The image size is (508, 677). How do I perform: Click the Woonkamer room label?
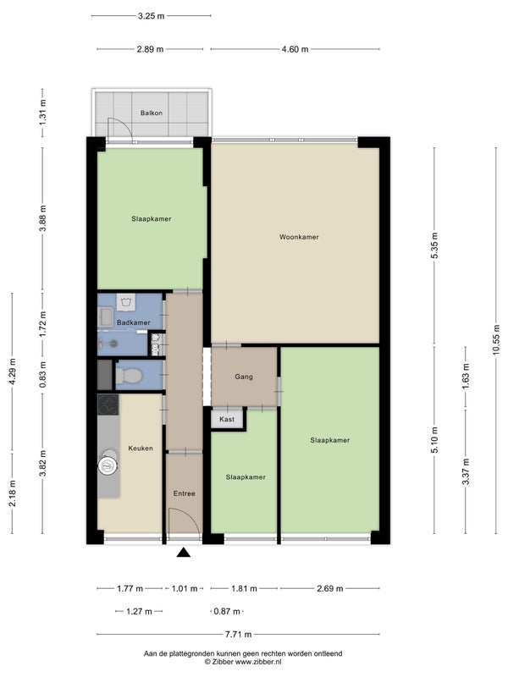pyautogui.click(x=299, y=237)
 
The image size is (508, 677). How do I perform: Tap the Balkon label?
pyautogui.click(x=152, y=113)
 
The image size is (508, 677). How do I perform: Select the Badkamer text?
pyautogui.click(x=134, y=322)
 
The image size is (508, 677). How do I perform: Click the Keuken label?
pyautogui.click(x=141, y=449)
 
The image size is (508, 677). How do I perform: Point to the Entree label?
pyautogui.click(x=184, y=493)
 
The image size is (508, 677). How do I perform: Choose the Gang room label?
pyautogui.click(x=244, y=377)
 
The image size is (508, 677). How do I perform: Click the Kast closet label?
pyautogui.click(x=227, y=419)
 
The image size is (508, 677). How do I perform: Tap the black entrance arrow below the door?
pyautogui.click(x=184, y=553)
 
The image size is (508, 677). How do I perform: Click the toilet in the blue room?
pyautogui.click(x=129, y=376)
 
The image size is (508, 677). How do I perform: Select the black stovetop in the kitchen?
pyautogui.click(x=108, y=405)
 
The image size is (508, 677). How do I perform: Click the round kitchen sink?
pyautogui.click(x=108, y=465)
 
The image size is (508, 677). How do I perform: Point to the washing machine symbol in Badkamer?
pyautogui.click(x=125, y=302)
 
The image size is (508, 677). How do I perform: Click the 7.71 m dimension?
pyautogui.click(x=238, y=634)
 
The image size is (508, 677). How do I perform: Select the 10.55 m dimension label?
pyautogui.click(x=496, y=339)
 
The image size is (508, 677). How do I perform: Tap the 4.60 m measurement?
pyautogui.click(x=295, y=49)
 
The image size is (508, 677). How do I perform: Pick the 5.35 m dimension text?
pyautogui.click(x=434, y=245)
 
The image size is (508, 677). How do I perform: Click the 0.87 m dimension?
pyautogui.click(x=227, y=611)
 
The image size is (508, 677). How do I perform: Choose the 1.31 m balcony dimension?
pyautogui.click(x=42, y=113)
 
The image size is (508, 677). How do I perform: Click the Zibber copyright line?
pyautogui.click(x=243, y=662)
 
